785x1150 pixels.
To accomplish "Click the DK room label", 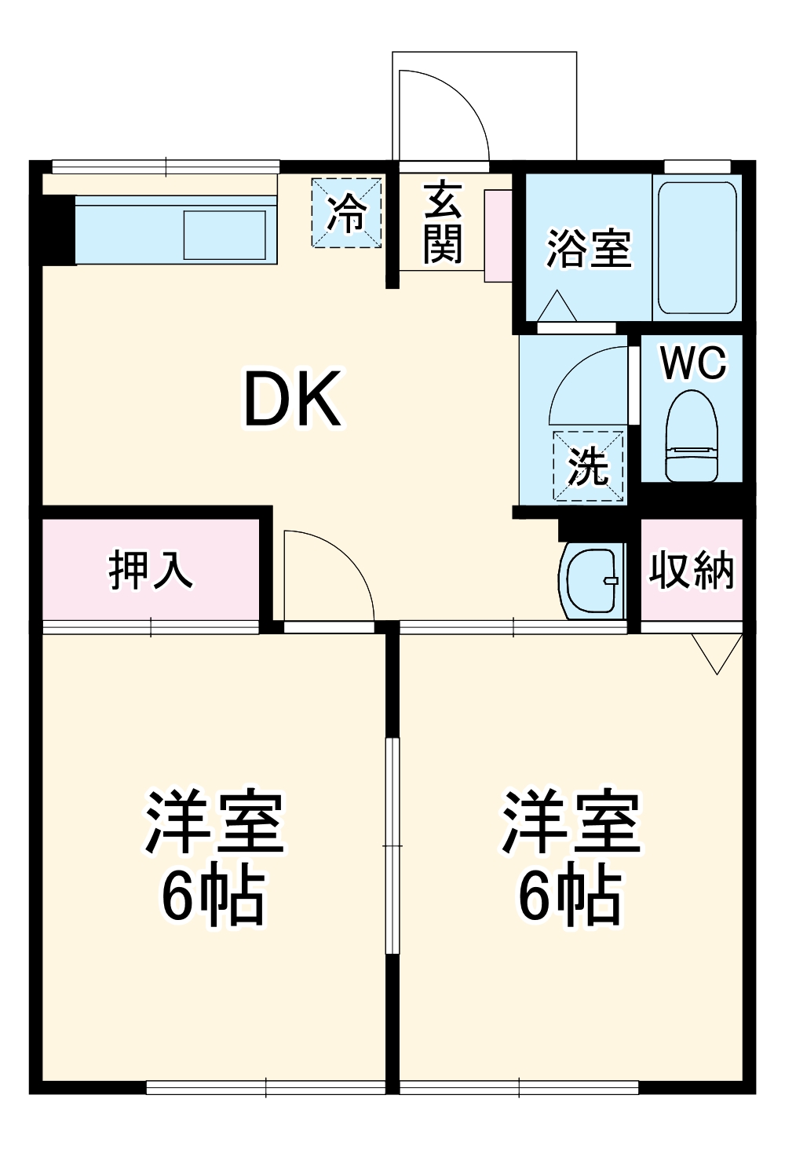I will [x=292, y=399].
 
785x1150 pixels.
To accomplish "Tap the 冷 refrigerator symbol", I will [x=346, y=213].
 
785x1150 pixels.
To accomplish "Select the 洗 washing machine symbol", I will [x=589, y=465].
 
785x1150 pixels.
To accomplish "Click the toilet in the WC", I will [x=692, y=436].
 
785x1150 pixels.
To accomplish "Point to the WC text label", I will [x=693, y=363].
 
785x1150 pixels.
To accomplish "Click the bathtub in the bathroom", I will [x=696, y=248].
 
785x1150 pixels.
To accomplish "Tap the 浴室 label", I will [x=588, y=248].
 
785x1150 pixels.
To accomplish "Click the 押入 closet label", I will [x=150, y=570].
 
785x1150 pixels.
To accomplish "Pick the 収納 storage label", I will [x=691, y=570].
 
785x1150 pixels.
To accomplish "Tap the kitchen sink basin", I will [x=225, y=234].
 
